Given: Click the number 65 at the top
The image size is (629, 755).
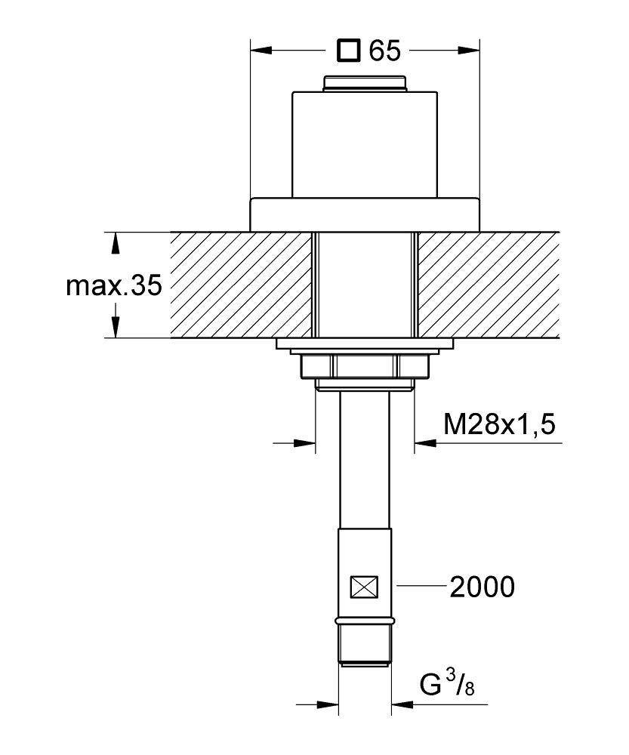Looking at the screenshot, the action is (x=385, y=51).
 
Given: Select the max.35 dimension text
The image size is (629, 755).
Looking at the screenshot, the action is (x=114, y=286).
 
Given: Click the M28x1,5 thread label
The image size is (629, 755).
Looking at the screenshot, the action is (x=499, y=424).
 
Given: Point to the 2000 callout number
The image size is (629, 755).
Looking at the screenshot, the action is (x=482, y=587).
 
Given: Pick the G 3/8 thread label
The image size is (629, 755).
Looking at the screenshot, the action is (x=446, y=686).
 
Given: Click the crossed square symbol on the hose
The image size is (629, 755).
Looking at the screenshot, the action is (x=365, y=587).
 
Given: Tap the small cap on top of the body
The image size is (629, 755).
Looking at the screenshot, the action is (x=365, y=83).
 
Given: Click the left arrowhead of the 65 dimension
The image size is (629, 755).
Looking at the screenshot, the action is (x=261, y=50).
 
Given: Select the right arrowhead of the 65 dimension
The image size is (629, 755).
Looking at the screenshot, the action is (x=469, y=50).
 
